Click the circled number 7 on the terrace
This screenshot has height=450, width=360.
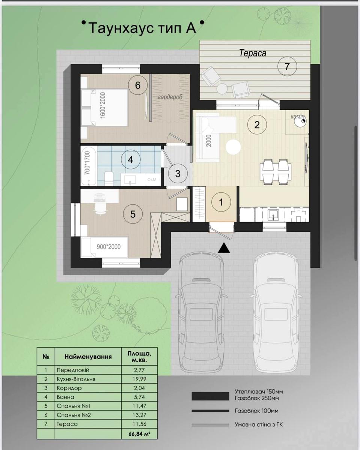coord(287,66)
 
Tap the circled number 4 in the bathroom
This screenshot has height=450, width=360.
coord(131,160)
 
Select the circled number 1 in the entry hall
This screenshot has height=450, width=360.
coord(221,202)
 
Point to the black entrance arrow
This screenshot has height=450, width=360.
coord(224,248)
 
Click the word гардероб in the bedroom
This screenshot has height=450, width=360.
coord(170,97)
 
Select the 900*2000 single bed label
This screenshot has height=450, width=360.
coord(108,247)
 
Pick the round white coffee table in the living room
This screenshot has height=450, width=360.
coord(233,147)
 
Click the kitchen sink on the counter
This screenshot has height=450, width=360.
coord(273,214)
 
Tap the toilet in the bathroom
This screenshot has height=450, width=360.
coord(108,178)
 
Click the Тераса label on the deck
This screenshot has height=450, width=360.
coord(253,53)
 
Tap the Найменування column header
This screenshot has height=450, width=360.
coord(88,357)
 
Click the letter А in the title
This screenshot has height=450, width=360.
coord(191,28)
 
